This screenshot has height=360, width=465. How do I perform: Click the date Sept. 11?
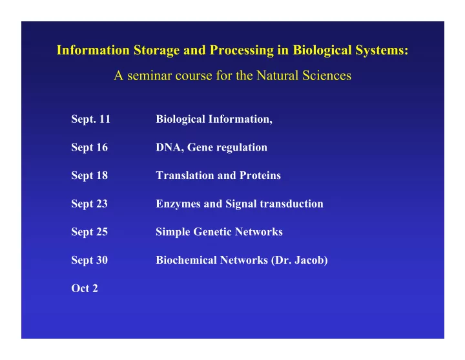(x=91, y=120)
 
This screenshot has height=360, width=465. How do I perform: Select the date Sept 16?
(x=90, y=147)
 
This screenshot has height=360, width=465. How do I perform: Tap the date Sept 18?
(x=90, y=176)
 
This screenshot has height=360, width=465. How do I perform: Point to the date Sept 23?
(x=90, y=204)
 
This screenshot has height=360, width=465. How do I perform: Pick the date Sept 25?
(x=90, y=232)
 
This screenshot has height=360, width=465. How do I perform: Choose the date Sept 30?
(x=90, y=260)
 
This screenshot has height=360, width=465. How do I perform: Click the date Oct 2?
(x=85, y=288)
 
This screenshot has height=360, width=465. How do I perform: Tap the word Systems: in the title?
(x=382, y=50)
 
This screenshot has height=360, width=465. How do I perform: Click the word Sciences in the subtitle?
(x=327, y=76)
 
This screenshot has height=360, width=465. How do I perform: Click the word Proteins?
(x=260, y=175)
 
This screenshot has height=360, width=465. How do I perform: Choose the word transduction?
(x=291, y=204)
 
